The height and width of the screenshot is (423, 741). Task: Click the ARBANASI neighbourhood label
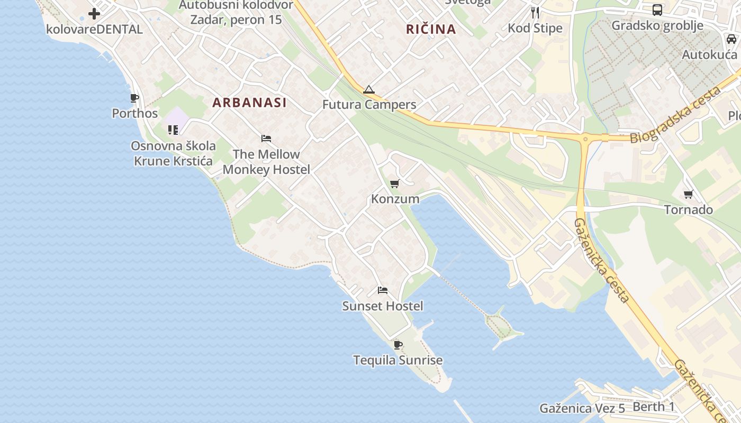tap(249, 103)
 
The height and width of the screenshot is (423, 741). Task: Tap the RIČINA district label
tap(431, 29)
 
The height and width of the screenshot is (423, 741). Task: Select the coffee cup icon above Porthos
tap(134, 98)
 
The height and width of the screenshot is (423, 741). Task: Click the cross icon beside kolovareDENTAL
tap(94, 14)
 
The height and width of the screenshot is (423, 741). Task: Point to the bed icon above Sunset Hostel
tap(383, 290)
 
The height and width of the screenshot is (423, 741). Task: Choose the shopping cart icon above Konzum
tap(394, 184)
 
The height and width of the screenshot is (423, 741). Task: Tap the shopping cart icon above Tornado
tap(688, 195)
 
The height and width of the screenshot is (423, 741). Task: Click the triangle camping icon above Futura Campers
tap(369, 89)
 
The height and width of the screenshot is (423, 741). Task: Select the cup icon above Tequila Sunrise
tap(398, 345)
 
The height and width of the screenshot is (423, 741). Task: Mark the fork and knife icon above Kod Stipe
tap(535, 12)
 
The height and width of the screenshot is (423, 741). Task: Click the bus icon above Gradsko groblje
tap(657, 10)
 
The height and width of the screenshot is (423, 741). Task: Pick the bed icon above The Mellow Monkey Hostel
tap(266, 139)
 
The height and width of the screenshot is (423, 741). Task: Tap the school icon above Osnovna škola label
tap(173, 130)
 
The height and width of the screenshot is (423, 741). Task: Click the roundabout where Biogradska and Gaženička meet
tap(585, 140)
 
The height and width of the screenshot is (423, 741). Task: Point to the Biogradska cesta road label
tap(676, 115)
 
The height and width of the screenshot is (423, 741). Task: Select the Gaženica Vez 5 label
tap(582, 408)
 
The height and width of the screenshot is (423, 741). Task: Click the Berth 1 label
tap(654, 407)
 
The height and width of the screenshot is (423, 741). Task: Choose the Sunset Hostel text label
tap(383, 306)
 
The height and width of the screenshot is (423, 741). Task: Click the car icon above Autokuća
tap(731, 39)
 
